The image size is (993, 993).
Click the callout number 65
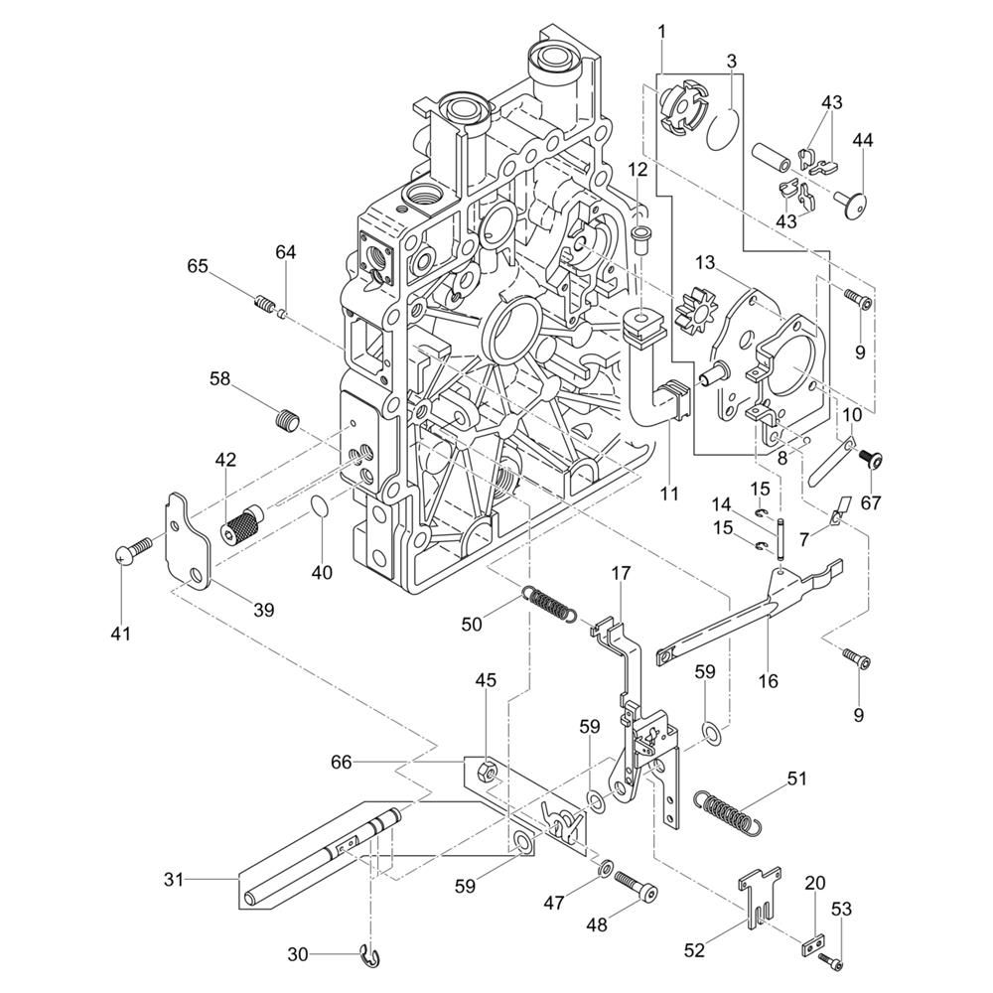pyautogui.click(x=197, y=266)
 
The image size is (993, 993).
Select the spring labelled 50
pyautogui.click(x=549, y=603)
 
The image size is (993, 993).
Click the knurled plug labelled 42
pyautogui.click(x=244, y=523)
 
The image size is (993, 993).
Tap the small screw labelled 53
pyautogui.click(x=832, y=958)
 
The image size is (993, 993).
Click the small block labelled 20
pyautogui.click(x=813, y=941)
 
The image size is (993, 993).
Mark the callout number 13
pyautogui.click(x=705, y=262)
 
